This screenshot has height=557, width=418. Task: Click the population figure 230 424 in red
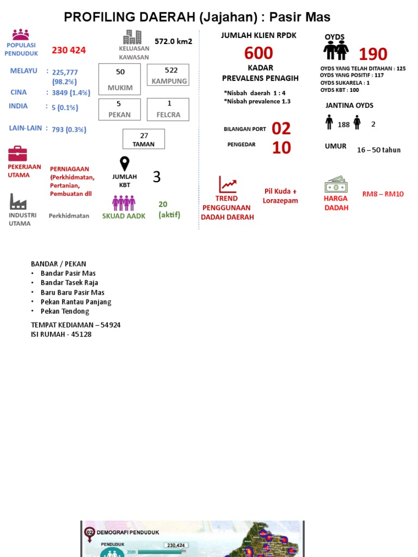69,51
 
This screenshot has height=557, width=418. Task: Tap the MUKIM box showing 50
120,79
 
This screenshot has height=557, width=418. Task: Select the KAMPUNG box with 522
169,75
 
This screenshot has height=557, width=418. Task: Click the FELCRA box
169,109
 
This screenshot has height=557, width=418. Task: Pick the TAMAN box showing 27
144,139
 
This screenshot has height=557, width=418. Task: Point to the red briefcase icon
17,153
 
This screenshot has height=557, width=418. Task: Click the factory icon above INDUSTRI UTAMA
18,201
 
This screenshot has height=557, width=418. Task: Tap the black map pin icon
125,164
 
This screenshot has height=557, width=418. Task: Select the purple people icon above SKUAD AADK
124,203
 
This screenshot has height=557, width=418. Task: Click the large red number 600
259,53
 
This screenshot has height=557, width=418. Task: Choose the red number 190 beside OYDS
373,54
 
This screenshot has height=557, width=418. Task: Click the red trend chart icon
228,184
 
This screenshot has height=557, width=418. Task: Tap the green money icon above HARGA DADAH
336,184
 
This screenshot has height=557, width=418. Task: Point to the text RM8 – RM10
383,194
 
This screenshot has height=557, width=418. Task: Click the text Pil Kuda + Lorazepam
280,196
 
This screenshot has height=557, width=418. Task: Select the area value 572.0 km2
173,41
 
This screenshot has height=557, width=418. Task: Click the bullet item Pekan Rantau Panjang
76,302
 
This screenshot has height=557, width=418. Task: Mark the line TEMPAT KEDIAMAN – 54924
76,325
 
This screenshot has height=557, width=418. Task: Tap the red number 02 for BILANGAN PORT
281,128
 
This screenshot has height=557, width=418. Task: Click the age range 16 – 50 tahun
379,150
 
